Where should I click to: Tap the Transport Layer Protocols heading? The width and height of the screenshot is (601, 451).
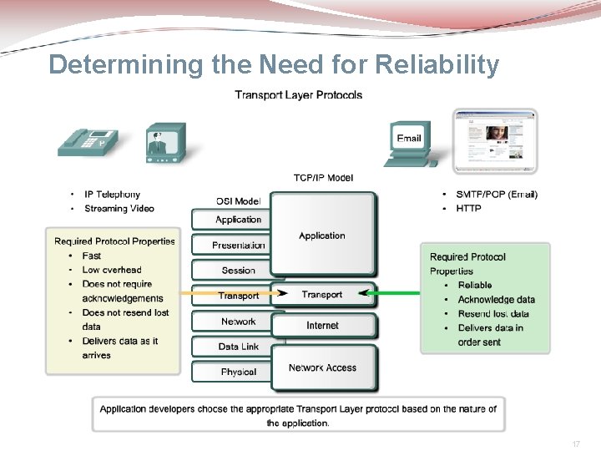[x=298, y=95]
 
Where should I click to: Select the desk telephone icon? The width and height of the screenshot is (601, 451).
[x=88, y=142]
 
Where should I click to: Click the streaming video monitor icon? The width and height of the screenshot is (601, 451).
[x=164, y=143]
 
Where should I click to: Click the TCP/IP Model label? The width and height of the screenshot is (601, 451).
[x=323, y=177]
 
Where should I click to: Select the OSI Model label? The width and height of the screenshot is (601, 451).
[x=238, y=200]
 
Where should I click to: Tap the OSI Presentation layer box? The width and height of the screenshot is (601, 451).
[x=238, y=245]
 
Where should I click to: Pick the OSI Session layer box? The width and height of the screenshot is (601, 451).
[x=238, y=270]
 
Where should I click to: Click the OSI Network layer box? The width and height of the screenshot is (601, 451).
[x=238, y=321]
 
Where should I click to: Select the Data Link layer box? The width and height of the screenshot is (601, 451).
[x=238, y=346]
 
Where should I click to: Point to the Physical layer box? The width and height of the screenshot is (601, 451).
[x=238, y=372]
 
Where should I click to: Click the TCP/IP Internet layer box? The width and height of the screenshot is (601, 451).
[x=322, y=325]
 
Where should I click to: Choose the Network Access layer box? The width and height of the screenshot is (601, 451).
[x=322, y=367]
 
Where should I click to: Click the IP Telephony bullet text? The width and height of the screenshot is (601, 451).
[x=111, y=195]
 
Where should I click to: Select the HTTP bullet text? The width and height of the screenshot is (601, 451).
[x=468, y=208]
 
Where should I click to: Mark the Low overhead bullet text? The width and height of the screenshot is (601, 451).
[x=112, y=270]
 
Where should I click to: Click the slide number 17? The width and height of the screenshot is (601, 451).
[x=576, y=445]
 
